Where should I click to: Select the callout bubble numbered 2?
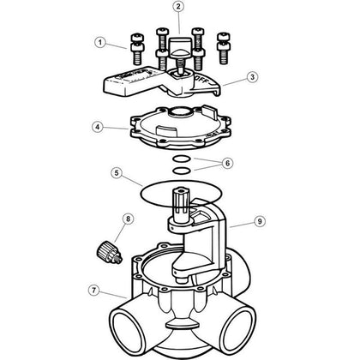tap(178, 9)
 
